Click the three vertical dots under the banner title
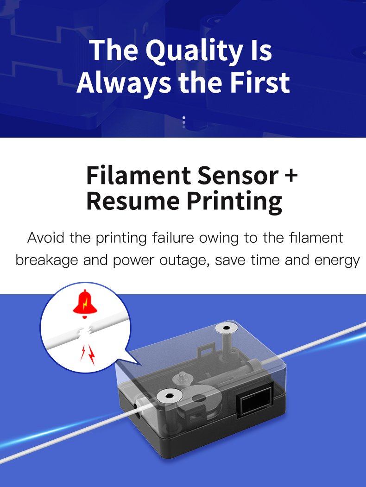pyautogui.click(x=184, y=122)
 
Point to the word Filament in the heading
pyautogui.click(x=139, y=175)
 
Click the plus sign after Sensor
pyautogui.click(x=291, y=175)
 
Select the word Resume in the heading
pyautogui.click(x=133, y=201)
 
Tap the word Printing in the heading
pyautogui.click(x=234, y=202)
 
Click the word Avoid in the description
pyautogui.click(x=45, y=238)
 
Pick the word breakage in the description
pyautogui.click(x=47, y=260)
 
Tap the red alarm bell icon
pyautogui.click(x=85, y=304)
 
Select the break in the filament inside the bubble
pyautogui.click(x=84, y=332)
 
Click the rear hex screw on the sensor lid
pyautogui.click(x=226, y=328)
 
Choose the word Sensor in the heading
pyautogui.click(x=238, y=175)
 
